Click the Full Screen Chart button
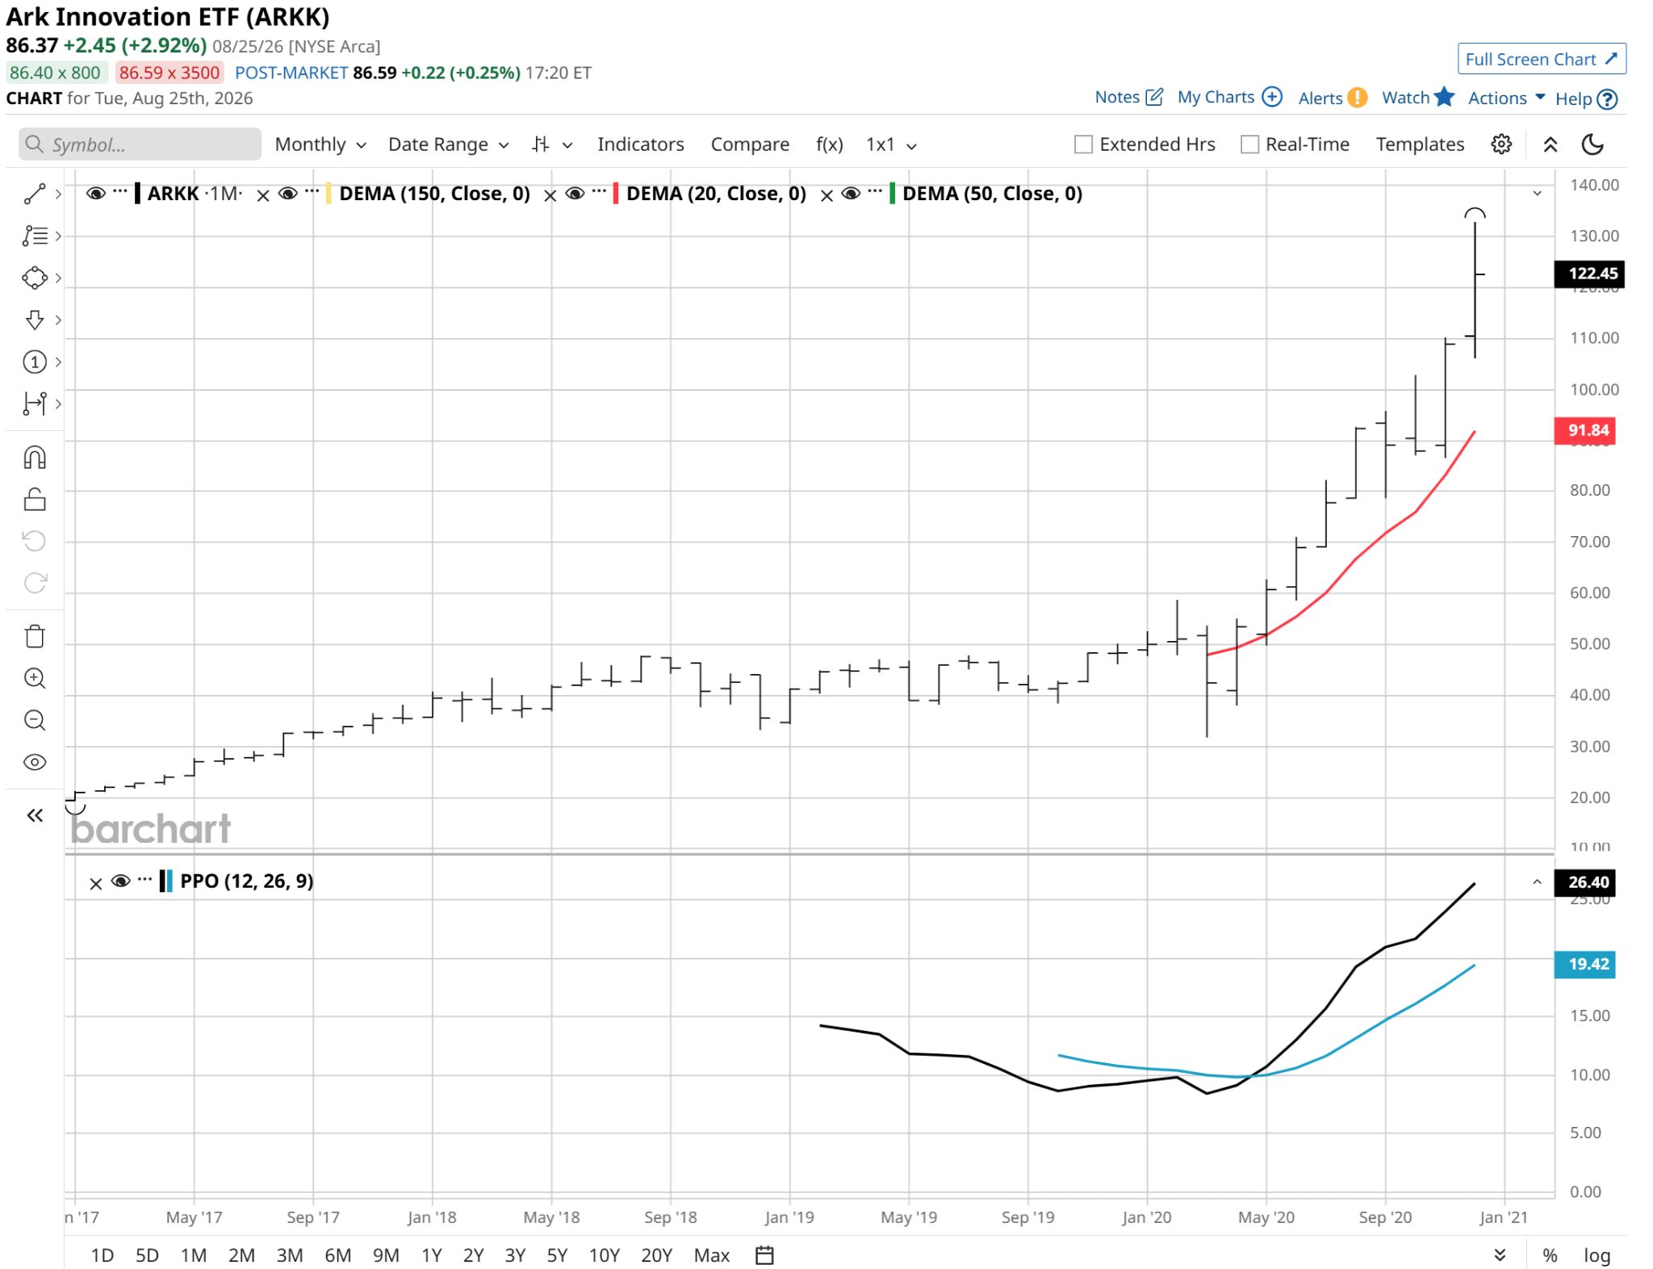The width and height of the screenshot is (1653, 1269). click(x=1541, y=59)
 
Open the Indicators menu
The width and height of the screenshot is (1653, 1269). click(x=640, y=144)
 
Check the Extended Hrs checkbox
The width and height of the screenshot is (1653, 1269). click(x=1083, y=144)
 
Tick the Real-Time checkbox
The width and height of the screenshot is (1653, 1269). click(x=1249, y=144)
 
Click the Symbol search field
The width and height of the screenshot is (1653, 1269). click(x=140, y=144)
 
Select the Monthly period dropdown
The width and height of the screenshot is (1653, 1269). click(x=320, y=144)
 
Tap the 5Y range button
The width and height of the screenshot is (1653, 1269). click(x=557, y=1255)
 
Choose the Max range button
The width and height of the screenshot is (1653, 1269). click(x=711, y=1255)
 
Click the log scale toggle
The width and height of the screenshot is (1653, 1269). click(x=1597, y=1255)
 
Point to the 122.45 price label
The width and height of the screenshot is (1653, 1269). click(x=1589, y=274)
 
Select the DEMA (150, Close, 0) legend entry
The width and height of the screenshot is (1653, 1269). click(x=434, y=194)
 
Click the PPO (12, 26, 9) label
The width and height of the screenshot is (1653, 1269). click(x=246, y=881)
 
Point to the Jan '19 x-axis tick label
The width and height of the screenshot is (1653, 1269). click(x=789, y=1217)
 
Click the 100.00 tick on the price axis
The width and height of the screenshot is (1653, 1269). click(x=1594, y=389)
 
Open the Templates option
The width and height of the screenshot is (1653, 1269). click(x=1420, y=144)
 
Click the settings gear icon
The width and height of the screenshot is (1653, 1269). click(x=1501, y=144)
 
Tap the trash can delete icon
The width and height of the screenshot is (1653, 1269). click(x=35, y=637)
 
